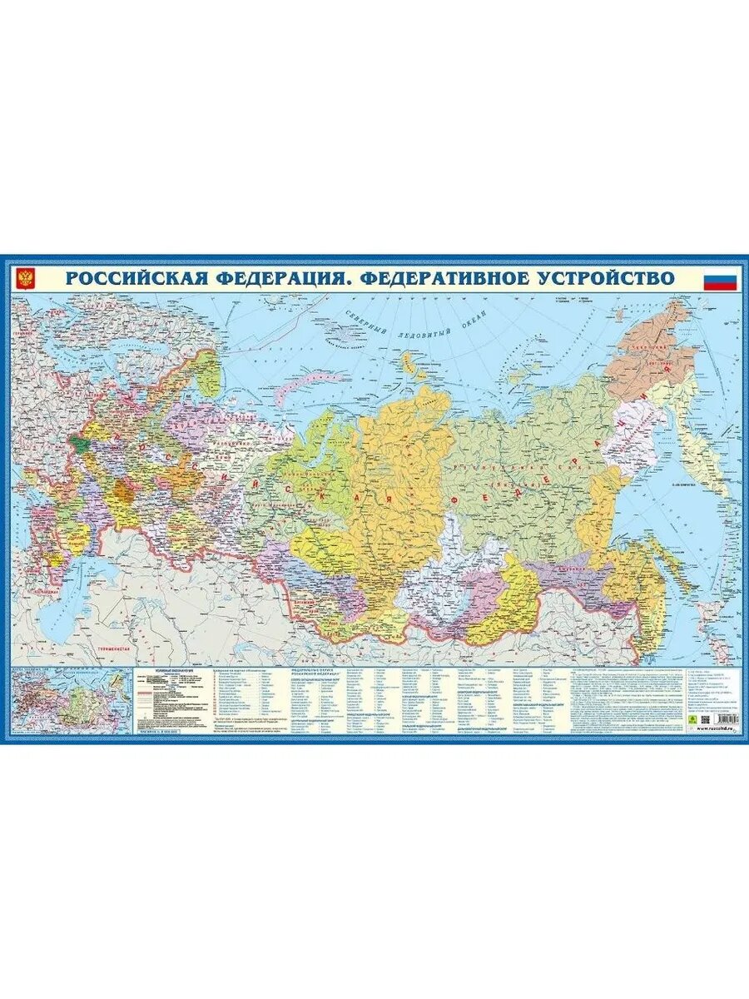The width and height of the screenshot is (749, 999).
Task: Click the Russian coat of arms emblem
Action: pyautogui.click(x=26, y=278)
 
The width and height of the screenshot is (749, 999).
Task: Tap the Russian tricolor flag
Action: pyautogui.click(x=722, y=279)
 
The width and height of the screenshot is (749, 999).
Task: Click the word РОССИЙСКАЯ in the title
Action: pyautogui.click(x=133, y=278)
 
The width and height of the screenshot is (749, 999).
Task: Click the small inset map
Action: pyautogui.click(x=71, y=703)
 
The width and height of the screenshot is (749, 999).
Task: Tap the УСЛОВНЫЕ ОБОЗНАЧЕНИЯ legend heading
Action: pyautogui.click(x=170, y=670)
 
